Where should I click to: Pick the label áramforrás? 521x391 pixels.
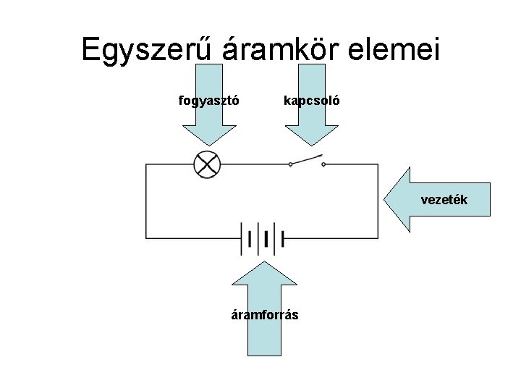[x=265, y=315]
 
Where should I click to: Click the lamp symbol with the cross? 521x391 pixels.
[x=208, y=165]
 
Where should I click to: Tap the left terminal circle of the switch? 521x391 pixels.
[x=290, y=165]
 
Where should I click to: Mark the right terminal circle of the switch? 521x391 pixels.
[x=323, y=165]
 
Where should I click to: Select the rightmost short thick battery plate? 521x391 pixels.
[x=267, y=238]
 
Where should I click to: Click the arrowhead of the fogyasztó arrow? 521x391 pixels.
[x=208, y=141]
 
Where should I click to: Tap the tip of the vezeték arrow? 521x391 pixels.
[x=384, y=200]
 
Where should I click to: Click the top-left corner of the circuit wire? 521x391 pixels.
[x=146, y=165]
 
